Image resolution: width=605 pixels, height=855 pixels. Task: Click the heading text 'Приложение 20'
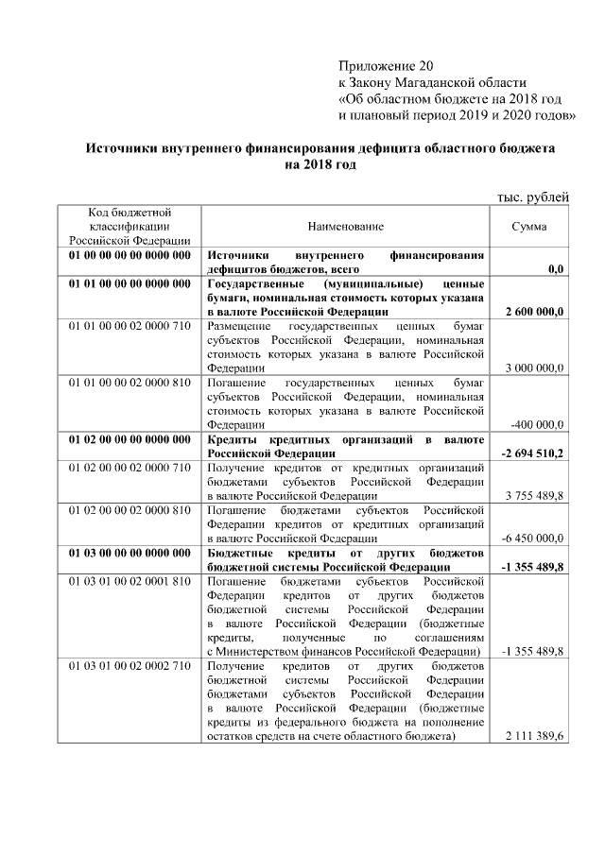pos(385,66)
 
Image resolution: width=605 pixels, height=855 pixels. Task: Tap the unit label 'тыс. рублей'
pos(533,197)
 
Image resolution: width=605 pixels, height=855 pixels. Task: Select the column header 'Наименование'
pos(345,228)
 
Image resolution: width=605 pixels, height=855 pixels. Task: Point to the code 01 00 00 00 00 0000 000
pos(130,255)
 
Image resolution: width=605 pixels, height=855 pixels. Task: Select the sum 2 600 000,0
pos(535,312)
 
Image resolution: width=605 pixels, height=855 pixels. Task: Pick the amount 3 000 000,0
pos(535,368)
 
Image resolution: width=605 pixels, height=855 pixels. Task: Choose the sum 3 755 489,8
pos(535,495)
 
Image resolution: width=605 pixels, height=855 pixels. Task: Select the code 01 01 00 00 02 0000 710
pos(130,326)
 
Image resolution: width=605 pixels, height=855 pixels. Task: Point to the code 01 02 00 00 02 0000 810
pos(130,510)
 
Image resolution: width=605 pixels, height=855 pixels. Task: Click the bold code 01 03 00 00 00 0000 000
pos(130,553)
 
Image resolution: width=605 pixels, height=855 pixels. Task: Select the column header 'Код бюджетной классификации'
pos(130,227)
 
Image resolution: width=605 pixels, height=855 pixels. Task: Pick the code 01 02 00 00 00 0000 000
pos(130,439)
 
